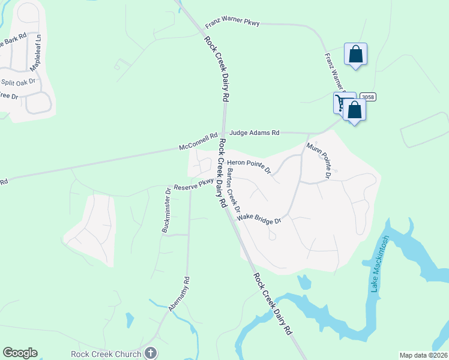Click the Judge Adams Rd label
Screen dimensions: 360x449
click(254, 133)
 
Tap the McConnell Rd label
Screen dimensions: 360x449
click(198, 142)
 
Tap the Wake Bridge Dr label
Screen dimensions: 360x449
click(259, 218)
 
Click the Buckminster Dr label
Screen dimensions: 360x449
click(166, 209)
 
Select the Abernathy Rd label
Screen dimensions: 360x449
click(179, 293)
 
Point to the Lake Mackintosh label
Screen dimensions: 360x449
click(379, 264)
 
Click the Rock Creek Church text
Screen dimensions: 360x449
click(106, 353)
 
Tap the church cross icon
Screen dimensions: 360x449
click(150, 353)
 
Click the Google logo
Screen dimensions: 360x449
click(20, 353)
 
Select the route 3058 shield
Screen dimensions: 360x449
click(368, 97)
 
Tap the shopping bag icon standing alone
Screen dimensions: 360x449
click(355, 54)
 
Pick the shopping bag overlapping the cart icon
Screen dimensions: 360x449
click(355, 110)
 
